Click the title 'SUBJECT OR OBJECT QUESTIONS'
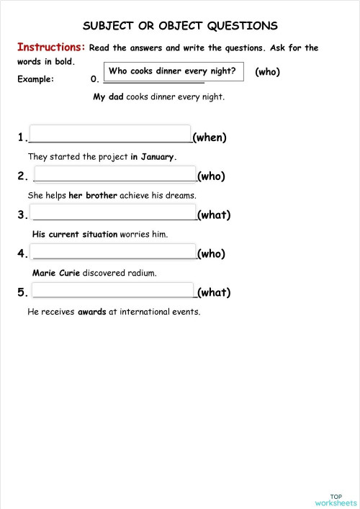click(x=180, y=26)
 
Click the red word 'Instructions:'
click(x=51, y=48)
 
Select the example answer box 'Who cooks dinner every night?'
click(x=173, y=71)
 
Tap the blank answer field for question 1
click(x=109, y=135)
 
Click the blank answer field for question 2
click(x=114, y=174)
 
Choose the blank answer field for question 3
click(x=114, y=212)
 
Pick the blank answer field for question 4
click(x=114, y=251)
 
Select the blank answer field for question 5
click(x=114, y=291)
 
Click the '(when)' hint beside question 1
click(x=210, y=138)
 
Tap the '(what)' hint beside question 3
click(x=214, y=215)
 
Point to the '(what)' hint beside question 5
click(x=214, y=292)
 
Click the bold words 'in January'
click(x=153, y=156)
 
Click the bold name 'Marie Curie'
click(x=56, y=273)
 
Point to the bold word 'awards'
click(x=92, y=312)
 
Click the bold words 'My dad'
click(x=109, y=96)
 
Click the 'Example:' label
click(x=36, y=79)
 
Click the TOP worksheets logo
click(x=336, y=479)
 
